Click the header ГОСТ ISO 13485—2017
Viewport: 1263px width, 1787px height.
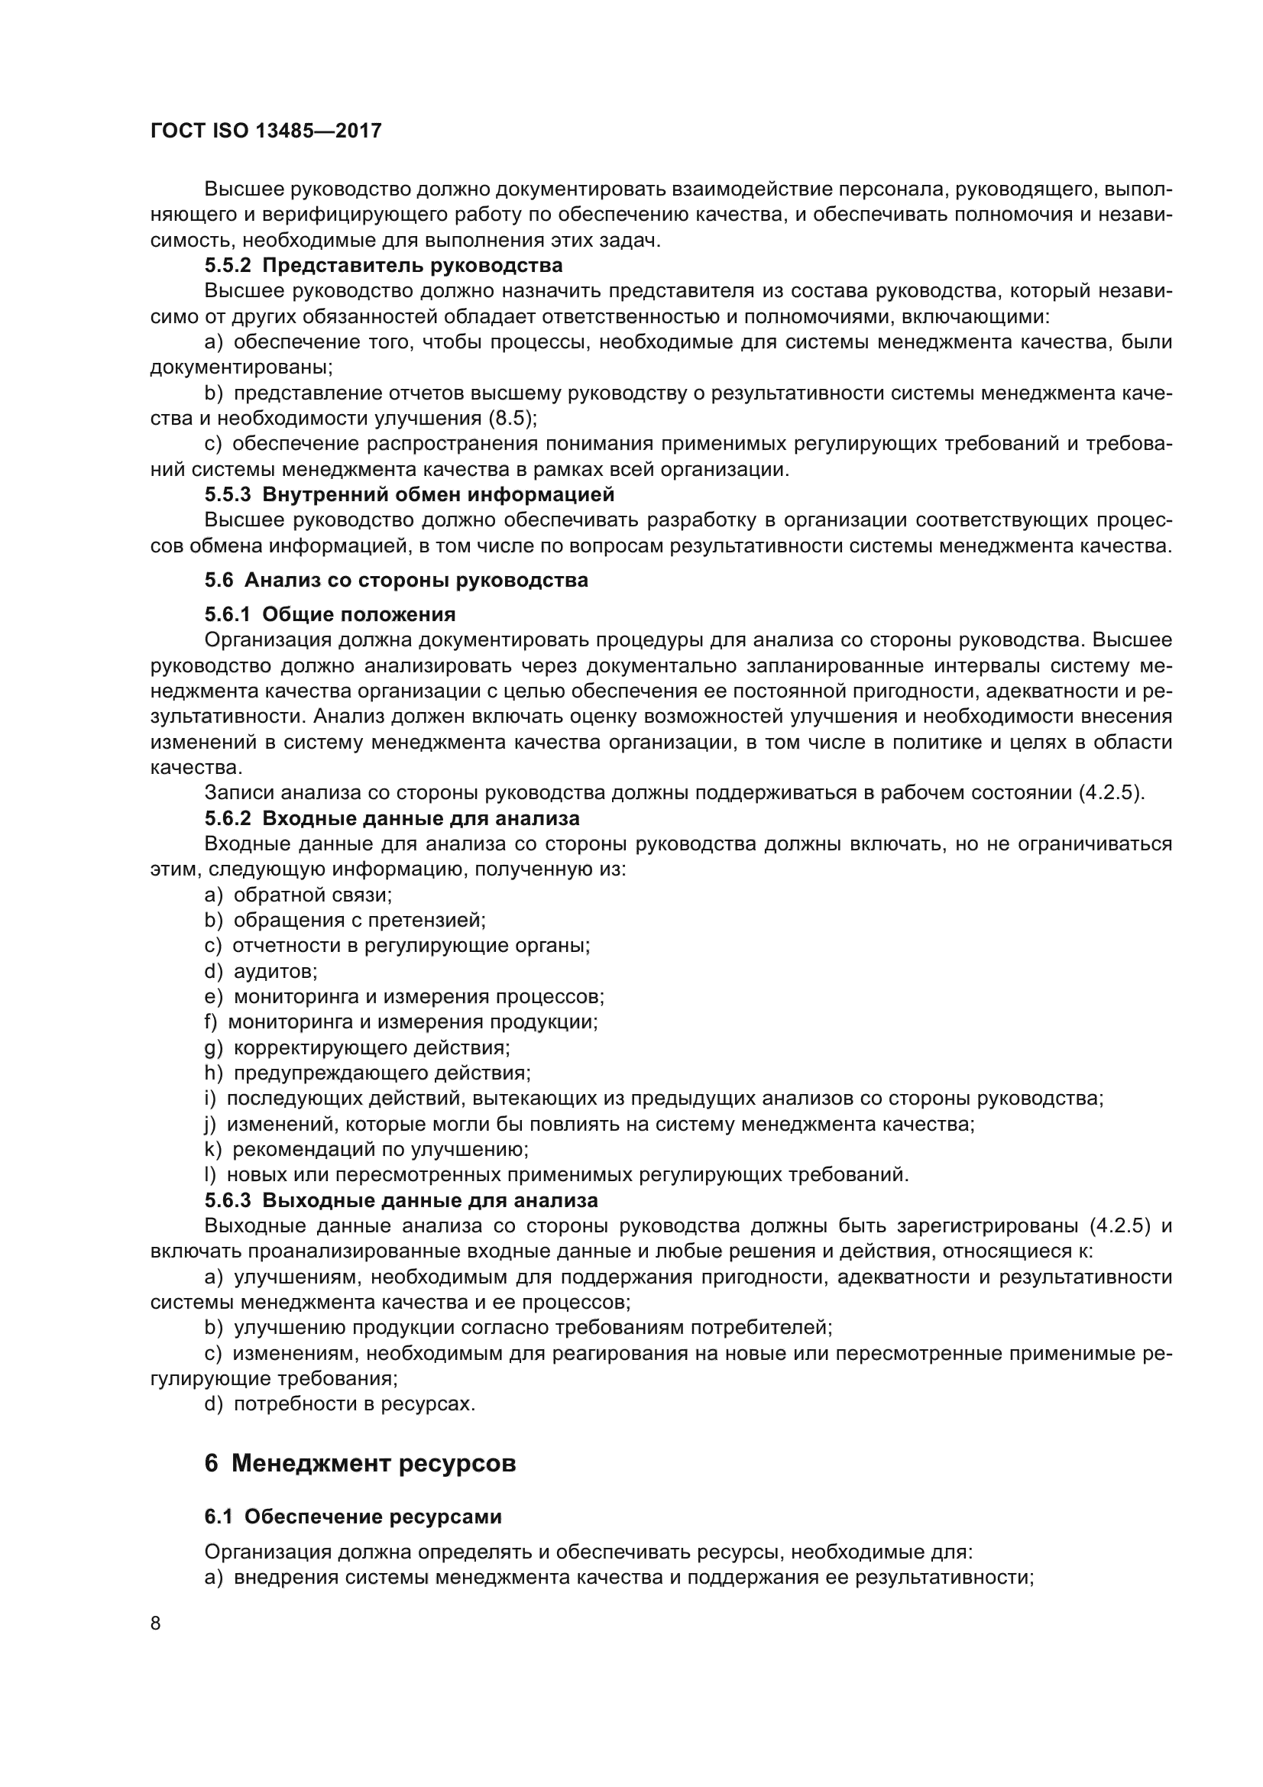[x=265, y=131]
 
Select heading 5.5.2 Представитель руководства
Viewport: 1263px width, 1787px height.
[x=383, y=265]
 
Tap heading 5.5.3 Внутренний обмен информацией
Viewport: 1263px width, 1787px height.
[x=410, y=494]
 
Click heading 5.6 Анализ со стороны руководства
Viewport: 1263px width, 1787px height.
[x=396, y=580]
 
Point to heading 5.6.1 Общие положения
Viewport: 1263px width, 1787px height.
[x=330, y=614]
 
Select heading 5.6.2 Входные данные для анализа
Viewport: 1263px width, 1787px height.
[x=391, y=818]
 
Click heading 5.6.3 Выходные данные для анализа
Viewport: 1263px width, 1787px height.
[x=401, y=1200]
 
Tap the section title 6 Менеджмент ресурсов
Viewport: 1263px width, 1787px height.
[x=360, y=1463]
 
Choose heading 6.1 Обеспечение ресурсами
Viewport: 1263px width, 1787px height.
[x=352, y=1530]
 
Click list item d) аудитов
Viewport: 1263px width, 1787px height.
[x=261, y=971]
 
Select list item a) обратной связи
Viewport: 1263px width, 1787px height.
[x=298, y=895]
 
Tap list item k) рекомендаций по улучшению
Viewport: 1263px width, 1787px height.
[x=367, y=1150]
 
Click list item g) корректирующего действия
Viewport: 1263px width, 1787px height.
[x=357, y=1047]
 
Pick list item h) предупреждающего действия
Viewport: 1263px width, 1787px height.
[x=368, y=1073]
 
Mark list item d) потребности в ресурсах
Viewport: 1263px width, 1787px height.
[x=339, y=1404]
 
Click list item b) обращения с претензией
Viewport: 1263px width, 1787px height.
[x=345, y=921]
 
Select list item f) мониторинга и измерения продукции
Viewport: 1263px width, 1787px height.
[x=401, y=1022]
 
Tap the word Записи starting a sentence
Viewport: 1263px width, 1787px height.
[x=239, y=793]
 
